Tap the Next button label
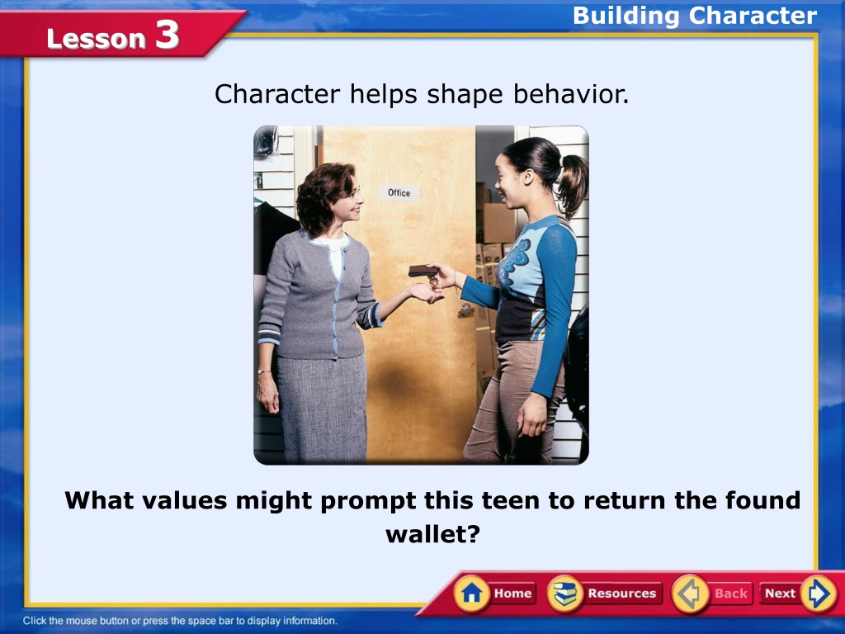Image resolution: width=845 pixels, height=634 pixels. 780,594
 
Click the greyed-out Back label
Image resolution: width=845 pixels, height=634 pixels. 731,594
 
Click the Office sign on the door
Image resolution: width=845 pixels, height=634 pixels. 399,192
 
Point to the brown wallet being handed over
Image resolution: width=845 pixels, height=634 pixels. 423,271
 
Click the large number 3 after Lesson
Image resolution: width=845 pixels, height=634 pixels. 167,35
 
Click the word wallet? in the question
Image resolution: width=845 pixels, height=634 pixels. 432,534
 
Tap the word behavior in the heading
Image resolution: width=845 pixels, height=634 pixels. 571,94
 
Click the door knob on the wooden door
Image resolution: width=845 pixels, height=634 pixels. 465,310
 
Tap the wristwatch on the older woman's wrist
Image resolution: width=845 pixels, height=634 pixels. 263,371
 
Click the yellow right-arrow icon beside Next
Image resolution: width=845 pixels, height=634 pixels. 819,594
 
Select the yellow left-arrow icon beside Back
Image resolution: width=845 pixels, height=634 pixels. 690,594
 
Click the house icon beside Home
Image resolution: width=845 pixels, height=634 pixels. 472,594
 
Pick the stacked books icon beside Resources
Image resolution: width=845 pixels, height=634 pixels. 564,594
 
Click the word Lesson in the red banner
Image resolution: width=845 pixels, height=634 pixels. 96,39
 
